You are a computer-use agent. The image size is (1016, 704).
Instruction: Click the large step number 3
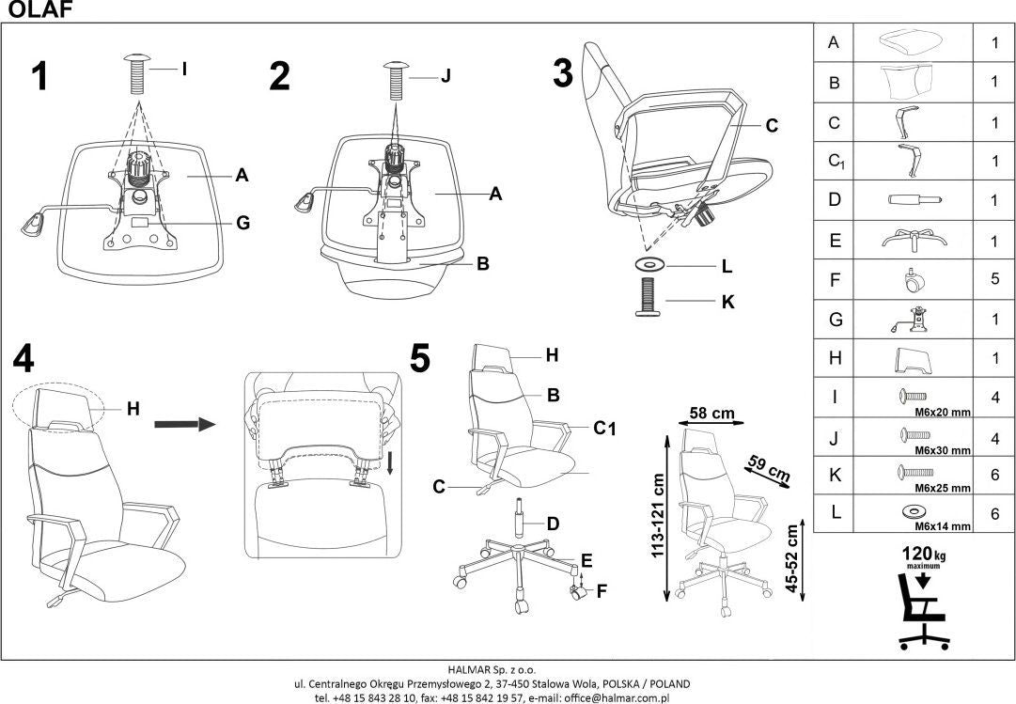[x=562, y=73]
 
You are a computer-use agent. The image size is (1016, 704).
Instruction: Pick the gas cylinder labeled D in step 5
[x=516, y=519]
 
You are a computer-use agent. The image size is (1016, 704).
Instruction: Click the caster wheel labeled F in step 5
[x=577, y=591]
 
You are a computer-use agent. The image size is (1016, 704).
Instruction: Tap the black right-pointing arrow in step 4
[x=183, y=426]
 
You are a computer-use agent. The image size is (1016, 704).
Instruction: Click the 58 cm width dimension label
[x=711, y=413]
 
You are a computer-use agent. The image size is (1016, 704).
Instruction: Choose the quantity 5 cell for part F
[x=994, y=279]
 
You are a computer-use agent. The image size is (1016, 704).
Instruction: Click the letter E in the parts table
[x=834, y=240]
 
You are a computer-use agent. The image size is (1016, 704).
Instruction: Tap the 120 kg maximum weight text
[x=924, y=556]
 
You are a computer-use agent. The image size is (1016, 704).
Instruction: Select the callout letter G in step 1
[x=242, y=223]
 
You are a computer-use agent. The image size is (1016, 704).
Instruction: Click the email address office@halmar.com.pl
[x=613, y=697]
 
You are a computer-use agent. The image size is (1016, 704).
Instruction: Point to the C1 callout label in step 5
[x=603, y=429]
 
